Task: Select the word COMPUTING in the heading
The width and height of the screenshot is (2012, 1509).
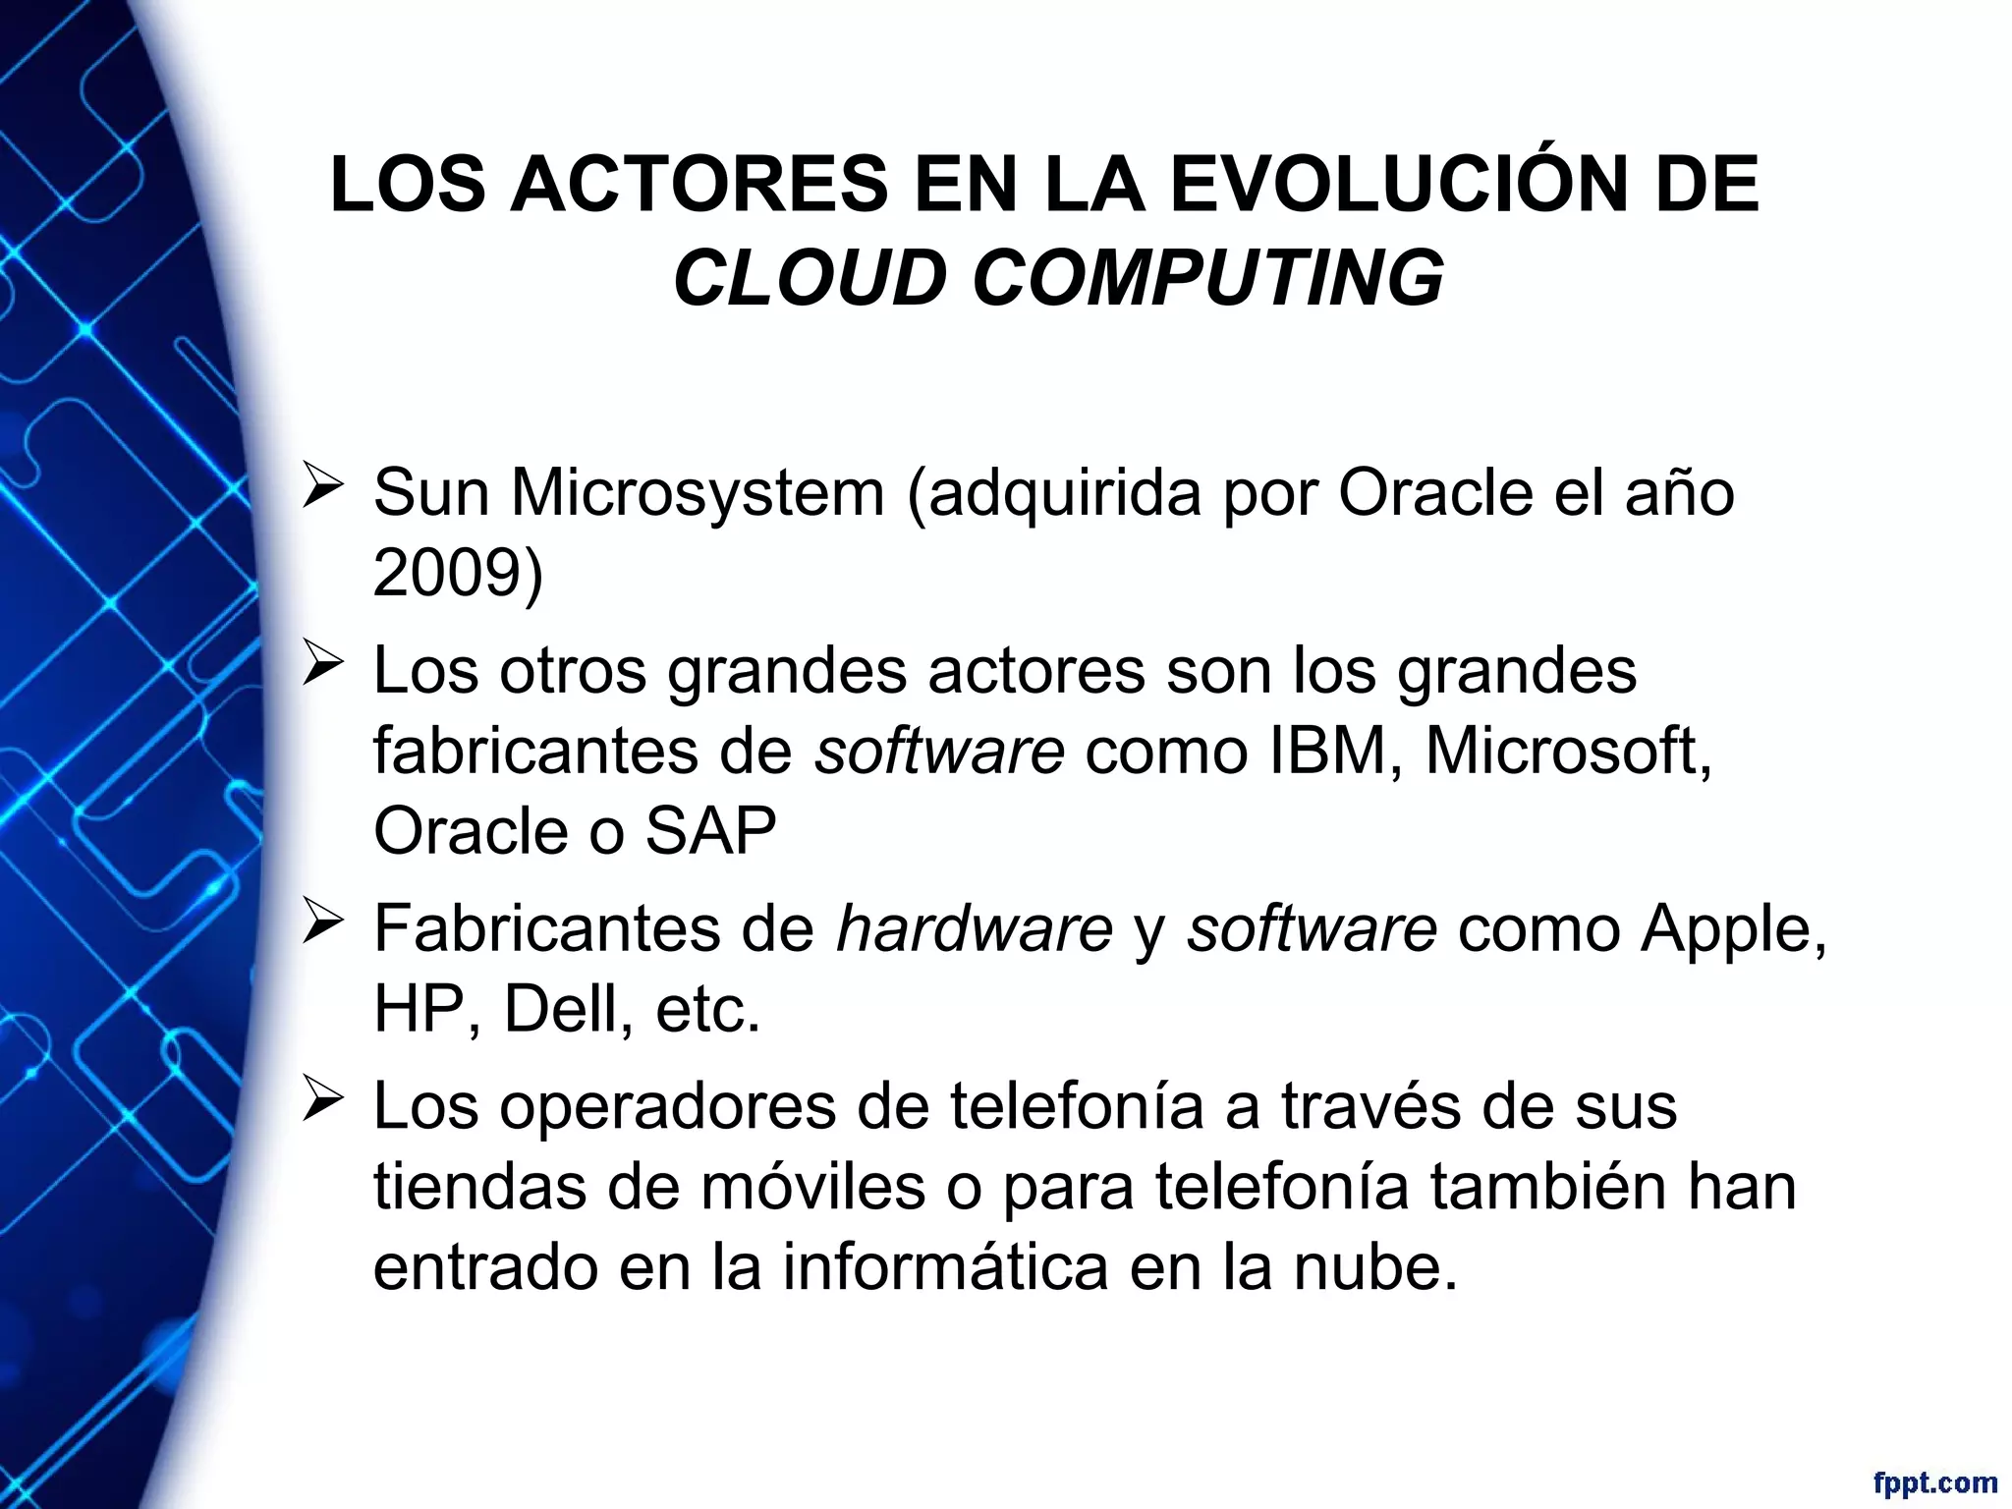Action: click(x=1208, y=278)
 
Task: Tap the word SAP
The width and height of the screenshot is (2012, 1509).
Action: click(x=710, y=831)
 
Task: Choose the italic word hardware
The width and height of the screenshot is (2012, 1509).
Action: click(x=974, y=929)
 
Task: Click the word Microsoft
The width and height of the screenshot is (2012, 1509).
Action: click(x=1568, y=751)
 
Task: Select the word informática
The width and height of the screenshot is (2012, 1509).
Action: click(x=945, y=1267)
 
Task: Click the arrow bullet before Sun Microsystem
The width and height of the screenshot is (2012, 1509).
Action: click(x=322, y=487)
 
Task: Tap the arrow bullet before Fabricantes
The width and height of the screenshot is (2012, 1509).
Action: click(x=322, y=924)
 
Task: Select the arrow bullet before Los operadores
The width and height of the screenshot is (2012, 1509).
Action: click(x=322, y=1101)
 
